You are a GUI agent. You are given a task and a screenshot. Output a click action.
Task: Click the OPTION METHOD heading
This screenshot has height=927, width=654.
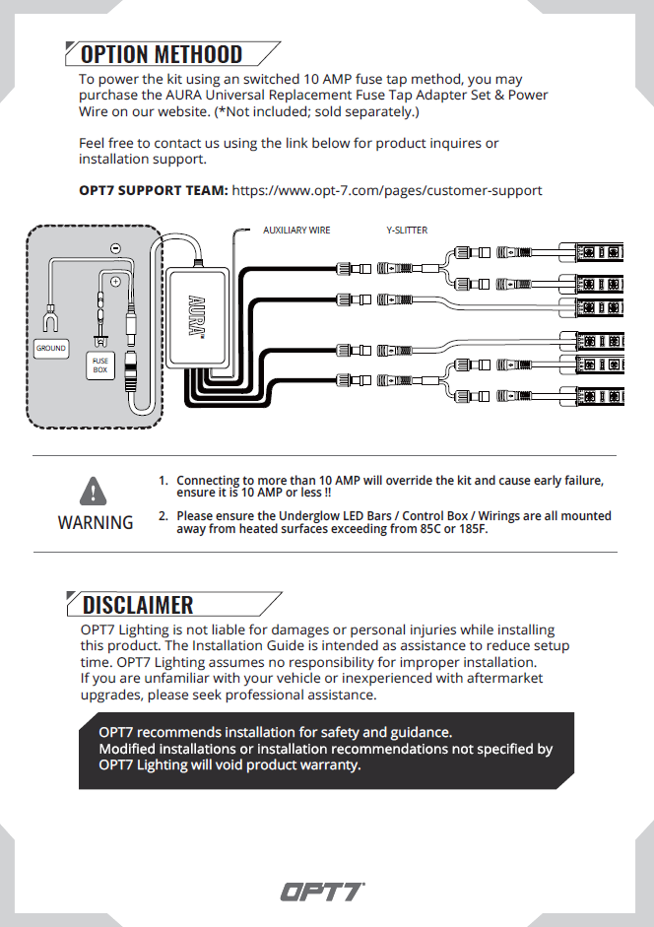[x=162, y=54]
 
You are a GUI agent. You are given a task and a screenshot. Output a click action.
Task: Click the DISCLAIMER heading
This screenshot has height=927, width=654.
[x=138, y=604]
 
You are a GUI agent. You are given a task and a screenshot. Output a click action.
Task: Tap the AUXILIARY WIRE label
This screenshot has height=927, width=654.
[x=296, y=231]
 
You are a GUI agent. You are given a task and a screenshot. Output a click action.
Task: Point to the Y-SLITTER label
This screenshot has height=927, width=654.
[x=407, y=231]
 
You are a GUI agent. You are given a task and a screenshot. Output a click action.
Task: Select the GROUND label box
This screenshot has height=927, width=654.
[x=51, y=348]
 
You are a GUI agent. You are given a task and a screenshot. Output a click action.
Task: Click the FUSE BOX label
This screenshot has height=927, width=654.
[x=100, y=365]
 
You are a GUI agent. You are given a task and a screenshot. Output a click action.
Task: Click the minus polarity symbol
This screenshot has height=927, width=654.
[x=116, y=248]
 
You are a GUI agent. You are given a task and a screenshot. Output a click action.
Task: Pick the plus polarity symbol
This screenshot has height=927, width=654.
[x=115, y=282]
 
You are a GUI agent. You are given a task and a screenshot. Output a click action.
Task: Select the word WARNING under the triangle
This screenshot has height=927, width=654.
[x=96, y=523]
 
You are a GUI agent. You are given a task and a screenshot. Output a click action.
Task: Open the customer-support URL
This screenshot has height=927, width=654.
[x=387, y=190]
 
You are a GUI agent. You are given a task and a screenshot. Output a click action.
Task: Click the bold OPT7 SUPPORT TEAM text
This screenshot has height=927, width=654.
[x=154, y=190]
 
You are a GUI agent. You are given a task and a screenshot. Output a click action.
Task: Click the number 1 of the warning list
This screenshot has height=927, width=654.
[x=163, y=481]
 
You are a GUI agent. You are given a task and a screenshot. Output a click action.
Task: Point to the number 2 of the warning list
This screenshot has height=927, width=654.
[x=163, y=516]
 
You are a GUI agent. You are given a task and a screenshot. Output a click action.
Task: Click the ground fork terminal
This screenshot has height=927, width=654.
[x=50, y=319]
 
